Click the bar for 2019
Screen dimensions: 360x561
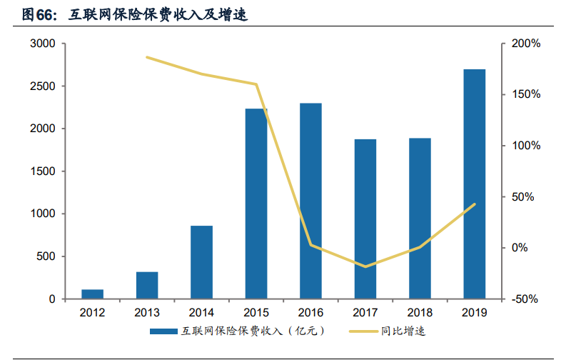point(474,184)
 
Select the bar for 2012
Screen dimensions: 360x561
point(92,294)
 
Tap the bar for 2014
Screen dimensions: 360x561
point(201,262)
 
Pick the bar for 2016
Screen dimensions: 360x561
point(310,201)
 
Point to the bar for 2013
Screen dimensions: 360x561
point(147,285)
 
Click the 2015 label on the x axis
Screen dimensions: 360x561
point(256,312)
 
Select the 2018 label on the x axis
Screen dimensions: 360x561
point(419,312)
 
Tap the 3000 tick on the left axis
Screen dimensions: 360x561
point(43,44)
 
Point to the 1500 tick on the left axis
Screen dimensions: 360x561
point(43,171)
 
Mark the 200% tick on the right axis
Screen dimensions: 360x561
point(526,44)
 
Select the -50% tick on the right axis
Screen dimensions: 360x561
point(526,299)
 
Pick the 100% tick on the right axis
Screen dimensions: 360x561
point(526,146)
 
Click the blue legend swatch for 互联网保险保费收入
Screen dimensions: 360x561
point(163,331)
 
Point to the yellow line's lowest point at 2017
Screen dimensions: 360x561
point(365,266)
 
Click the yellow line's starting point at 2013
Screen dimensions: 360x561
point(147,57)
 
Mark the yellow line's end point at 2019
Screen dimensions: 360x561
point(474,204)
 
